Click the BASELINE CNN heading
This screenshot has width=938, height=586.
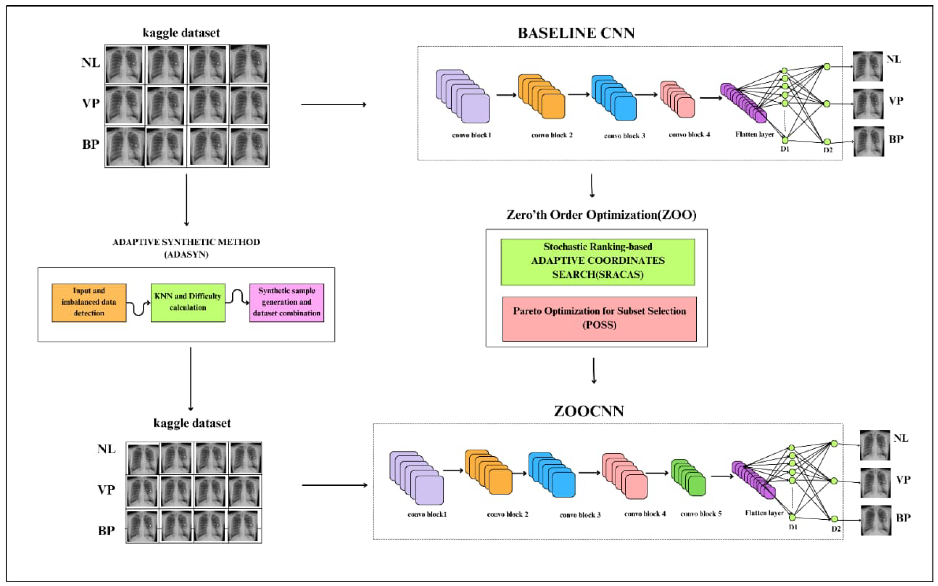(x=576, y=33)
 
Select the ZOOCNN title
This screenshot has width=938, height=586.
(x=588, y=411)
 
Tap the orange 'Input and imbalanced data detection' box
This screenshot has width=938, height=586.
(x=89, y=302)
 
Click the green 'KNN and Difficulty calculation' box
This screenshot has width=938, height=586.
(x=188, y=302)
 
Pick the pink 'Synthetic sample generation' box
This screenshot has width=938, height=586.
(x=286, y=302)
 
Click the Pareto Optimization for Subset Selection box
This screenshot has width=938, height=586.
(x=599, y=318)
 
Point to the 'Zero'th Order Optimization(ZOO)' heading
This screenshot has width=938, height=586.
(x=601, y=215)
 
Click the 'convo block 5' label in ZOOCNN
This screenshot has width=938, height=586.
(x=701, y=514)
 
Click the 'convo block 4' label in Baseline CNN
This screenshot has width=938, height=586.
(x=689, y=135)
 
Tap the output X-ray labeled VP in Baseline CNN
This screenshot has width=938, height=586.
(x=868, y=104)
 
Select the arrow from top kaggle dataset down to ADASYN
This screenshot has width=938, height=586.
(x=186, y=200)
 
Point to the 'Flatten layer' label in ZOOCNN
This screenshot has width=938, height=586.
(x=764, y=513)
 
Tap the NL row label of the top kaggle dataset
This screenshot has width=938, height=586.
(x=91, y=63)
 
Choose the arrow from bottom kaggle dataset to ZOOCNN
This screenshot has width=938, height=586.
(x=334, y=485)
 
